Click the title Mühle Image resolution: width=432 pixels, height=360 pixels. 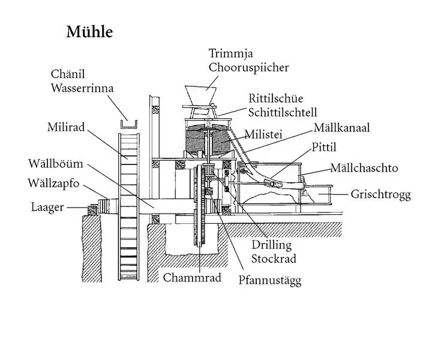[89, 32]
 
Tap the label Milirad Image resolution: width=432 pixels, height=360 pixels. [67, 128]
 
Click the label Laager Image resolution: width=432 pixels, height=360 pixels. [49, 208]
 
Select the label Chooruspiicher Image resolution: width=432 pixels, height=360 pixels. [248, 67]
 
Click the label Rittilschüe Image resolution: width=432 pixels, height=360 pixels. [277, 99]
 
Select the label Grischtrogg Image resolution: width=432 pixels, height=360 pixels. [381, 195]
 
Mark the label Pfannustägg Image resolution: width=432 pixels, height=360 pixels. [269, 281]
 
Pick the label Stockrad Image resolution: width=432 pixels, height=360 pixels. [274, 259]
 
